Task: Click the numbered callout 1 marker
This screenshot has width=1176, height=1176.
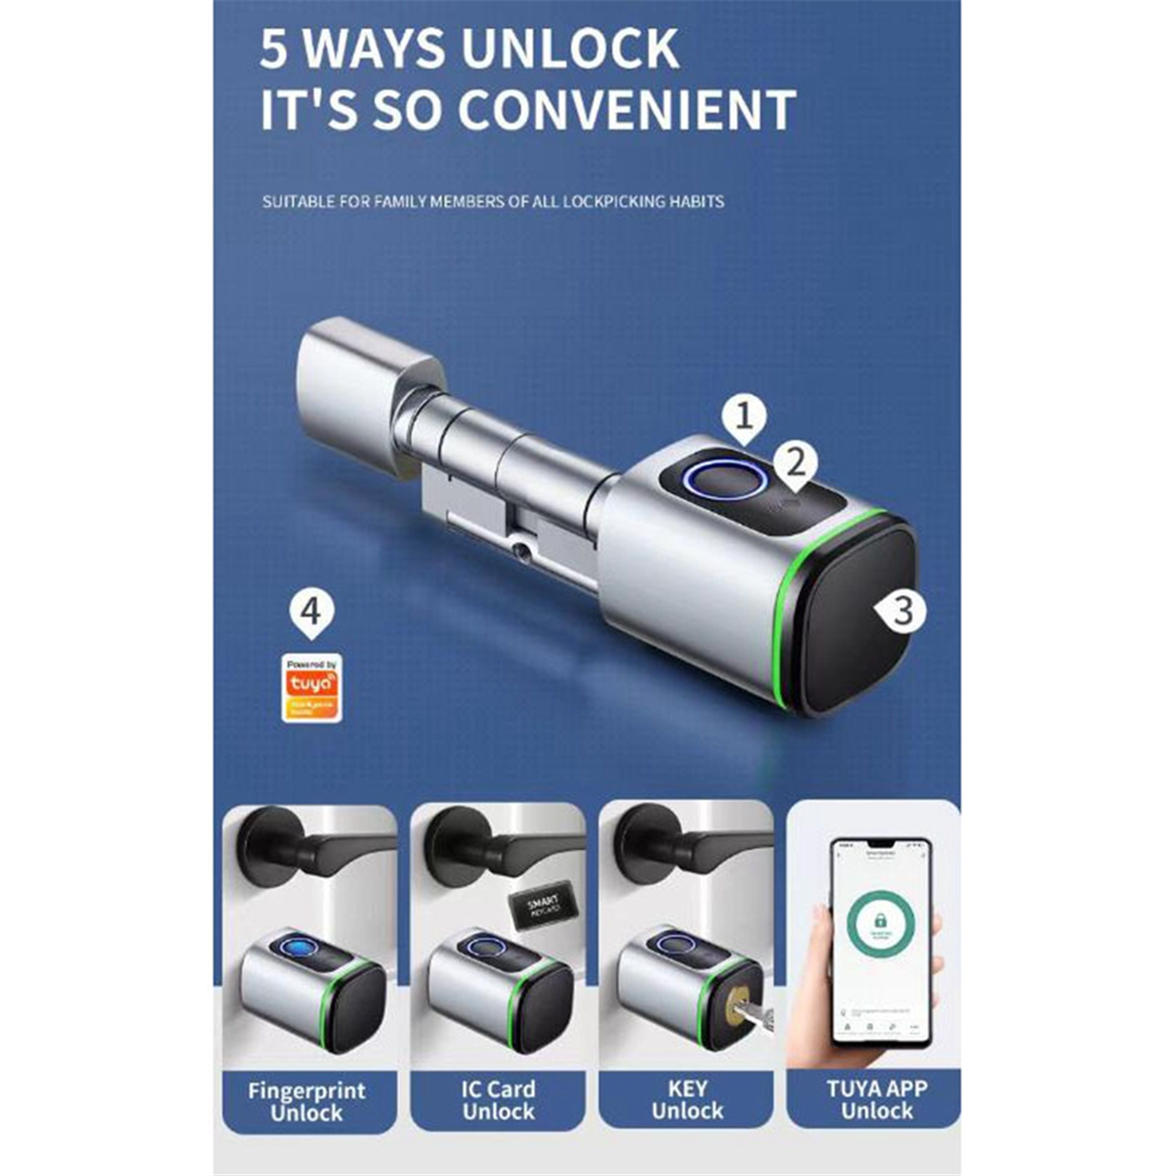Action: click(744, 418)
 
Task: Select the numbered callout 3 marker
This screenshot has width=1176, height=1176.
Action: click(903, 611)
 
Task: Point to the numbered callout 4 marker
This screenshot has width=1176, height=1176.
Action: click(311, 612)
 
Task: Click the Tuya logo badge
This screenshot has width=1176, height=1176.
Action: click(312, 688)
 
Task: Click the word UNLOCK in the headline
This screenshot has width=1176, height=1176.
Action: click(570, 49)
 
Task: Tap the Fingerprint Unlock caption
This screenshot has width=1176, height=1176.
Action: click(307, 1102)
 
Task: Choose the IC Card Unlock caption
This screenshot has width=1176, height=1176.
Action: click(498, 1101)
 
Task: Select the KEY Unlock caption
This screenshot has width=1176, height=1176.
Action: click(687, 1100)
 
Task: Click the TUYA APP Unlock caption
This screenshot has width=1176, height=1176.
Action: click(876, 1100)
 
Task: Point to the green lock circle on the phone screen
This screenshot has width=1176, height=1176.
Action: click(876, 921)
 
